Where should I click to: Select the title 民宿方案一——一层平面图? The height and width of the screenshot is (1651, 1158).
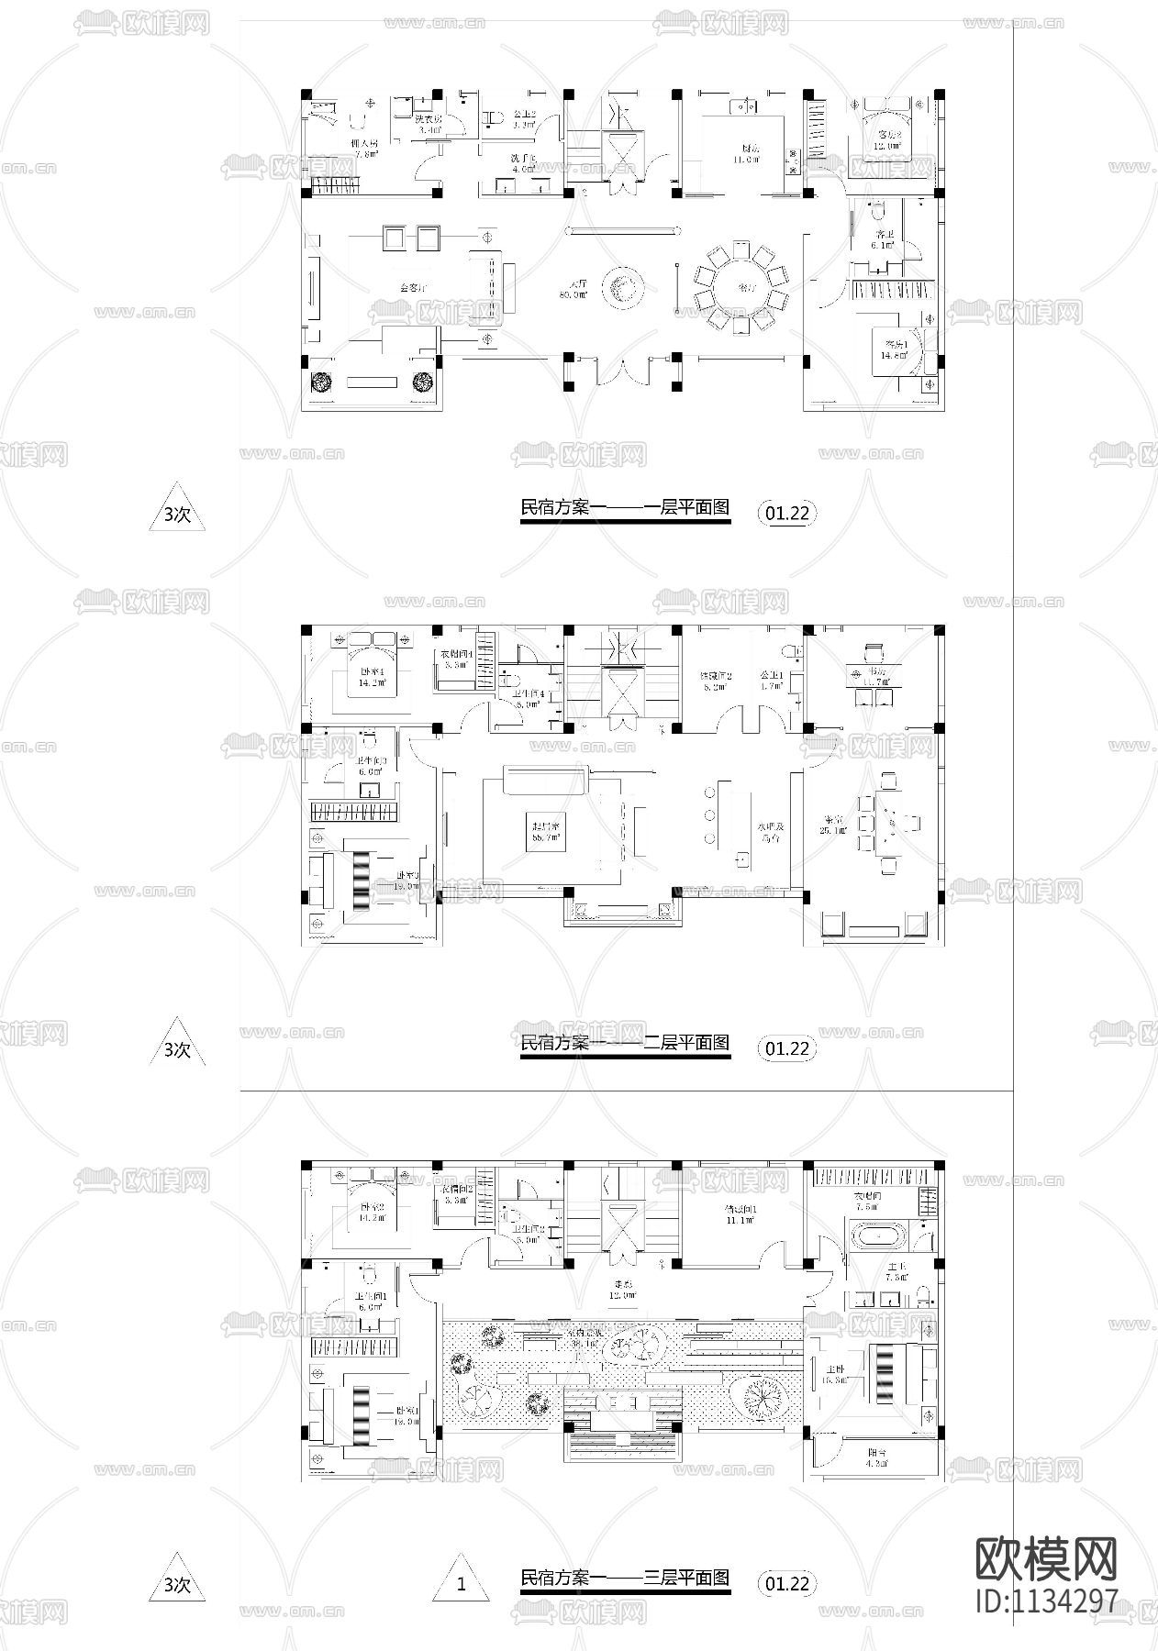coord(624,506)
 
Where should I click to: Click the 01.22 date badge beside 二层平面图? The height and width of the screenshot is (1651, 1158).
coord(787,1047)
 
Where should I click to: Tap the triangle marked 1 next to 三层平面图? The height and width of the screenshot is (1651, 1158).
coord(462,1581)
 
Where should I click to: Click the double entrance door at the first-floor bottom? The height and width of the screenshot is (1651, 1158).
coord(623,372)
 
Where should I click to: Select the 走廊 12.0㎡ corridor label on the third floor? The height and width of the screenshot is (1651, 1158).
coord(623,1290)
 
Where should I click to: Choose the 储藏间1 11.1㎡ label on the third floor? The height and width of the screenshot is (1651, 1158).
coord(739,1214)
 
